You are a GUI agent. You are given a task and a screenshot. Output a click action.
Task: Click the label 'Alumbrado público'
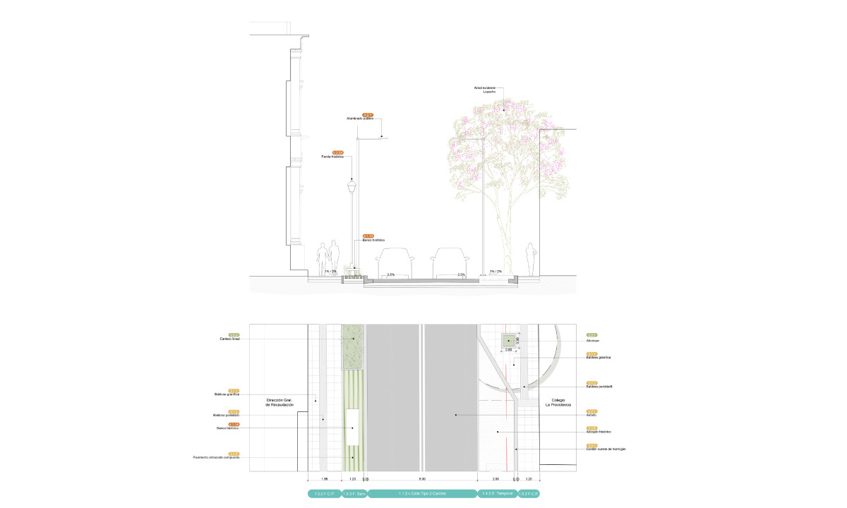(359, 119)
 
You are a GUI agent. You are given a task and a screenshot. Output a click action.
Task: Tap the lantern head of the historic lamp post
(352, 188)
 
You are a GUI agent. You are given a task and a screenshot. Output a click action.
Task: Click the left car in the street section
(394, 262)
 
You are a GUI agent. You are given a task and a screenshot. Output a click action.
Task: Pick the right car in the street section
(450, 262)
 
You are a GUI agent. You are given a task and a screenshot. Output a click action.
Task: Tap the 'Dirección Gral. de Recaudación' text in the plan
(279, 403)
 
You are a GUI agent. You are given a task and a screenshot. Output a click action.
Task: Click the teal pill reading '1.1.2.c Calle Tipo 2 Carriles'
(421, 494)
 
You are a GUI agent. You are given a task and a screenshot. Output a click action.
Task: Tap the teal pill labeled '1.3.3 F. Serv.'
(354, 494)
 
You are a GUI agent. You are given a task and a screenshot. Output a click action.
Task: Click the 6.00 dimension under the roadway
(421, 478)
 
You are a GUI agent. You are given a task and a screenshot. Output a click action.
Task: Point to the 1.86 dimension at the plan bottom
(324, 478)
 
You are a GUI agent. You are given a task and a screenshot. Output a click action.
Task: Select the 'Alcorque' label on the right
(593, 340)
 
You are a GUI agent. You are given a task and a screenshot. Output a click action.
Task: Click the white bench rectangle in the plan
(352, 427)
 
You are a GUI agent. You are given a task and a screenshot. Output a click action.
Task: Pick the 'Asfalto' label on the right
(592, 415)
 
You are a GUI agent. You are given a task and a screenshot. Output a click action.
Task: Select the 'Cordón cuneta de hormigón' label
(606, 449)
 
